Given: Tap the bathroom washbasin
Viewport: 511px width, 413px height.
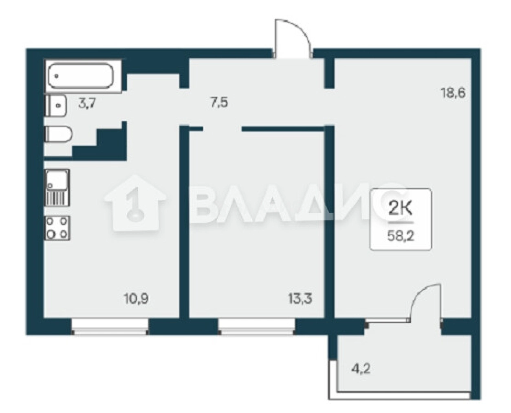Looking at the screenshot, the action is point(56,105).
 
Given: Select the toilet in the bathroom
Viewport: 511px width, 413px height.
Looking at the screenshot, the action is point(58,134).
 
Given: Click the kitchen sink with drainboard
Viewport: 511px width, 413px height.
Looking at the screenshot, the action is point(57,187).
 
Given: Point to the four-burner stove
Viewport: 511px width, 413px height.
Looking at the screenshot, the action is point(57,228).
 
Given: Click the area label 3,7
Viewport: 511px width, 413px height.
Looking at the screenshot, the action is point(87,104).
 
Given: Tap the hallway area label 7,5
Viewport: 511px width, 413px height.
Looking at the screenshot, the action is point(219,103).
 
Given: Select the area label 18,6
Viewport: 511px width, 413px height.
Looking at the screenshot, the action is point(454,93).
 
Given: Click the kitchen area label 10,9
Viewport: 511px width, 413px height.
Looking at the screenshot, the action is point(137,299).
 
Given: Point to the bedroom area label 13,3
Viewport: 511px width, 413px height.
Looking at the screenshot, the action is point(300,299).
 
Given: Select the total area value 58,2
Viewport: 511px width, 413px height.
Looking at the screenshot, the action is point(401,237).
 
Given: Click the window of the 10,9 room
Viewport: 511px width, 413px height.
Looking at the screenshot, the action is point(110,326).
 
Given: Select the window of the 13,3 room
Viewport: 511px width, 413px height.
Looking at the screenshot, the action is point(257,326).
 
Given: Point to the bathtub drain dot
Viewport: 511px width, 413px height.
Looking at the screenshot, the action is point(57,76).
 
